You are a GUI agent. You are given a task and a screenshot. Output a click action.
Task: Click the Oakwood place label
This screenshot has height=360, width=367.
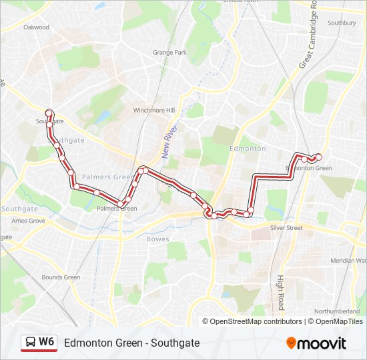tap(36, 27)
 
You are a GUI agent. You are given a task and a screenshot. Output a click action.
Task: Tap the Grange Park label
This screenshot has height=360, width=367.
tap(169, 52)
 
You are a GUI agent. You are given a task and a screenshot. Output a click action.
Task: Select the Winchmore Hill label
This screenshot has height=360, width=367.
tap(153, 110)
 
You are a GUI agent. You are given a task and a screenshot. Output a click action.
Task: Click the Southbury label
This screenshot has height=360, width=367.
tap(342, 23)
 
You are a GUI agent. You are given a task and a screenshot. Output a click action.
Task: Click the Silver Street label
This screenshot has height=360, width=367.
tap(286, 228)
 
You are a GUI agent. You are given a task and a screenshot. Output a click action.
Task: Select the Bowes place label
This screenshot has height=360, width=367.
tap(158, 238)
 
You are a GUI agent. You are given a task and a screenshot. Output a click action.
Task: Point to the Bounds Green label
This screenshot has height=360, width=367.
tap(61, 277)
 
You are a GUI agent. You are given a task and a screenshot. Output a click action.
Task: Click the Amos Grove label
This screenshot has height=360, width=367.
tap(28, 220)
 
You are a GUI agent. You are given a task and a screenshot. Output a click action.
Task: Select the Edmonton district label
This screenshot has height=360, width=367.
tap(247, 148)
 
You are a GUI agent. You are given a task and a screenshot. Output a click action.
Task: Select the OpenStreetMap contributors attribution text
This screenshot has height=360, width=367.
tap(256, 321)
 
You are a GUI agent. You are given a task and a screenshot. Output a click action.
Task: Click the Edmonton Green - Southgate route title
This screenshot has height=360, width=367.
tap(131, 343)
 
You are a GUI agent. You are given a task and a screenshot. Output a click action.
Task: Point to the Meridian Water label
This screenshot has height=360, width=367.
tap(352, 261)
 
